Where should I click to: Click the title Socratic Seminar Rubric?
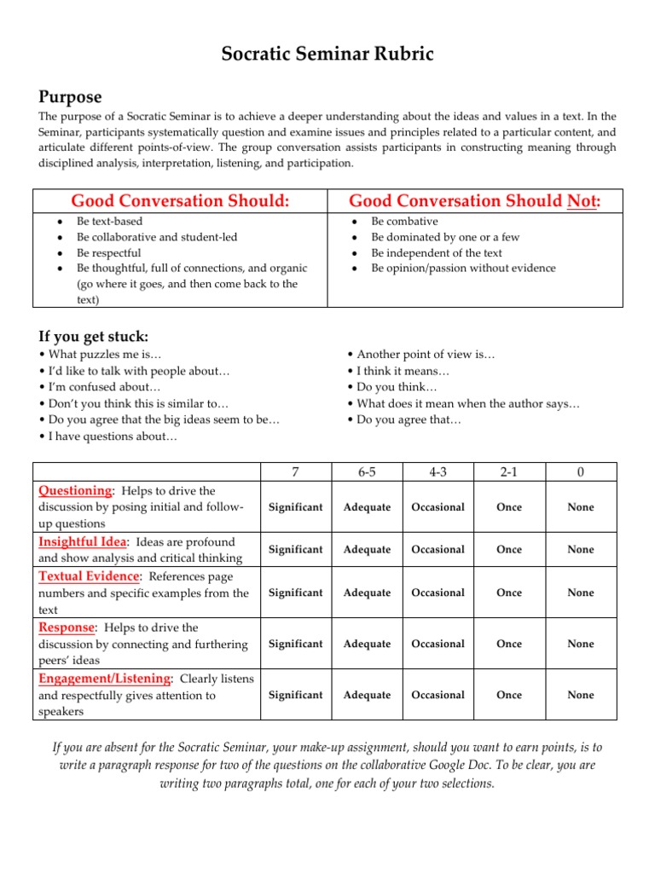327,55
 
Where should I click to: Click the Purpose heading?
71,96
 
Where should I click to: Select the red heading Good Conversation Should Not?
475,201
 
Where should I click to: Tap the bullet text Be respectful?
109,253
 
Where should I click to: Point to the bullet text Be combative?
405,222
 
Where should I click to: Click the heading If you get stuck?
94,337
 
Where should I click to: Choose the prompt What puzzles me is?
100,354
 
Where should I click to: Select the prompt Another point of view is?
421,354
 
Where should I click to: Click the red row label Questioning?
76,491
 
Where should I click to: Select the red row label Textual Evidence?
88,576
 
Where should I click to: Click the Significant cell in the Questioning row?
295,507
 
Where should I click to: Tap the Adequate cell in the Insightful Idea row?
367,550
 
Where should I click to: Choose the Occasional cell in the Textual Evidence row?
438,593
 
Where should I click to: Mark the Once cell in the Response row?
509,644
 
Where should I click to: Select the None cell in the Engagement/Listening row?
581,695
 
